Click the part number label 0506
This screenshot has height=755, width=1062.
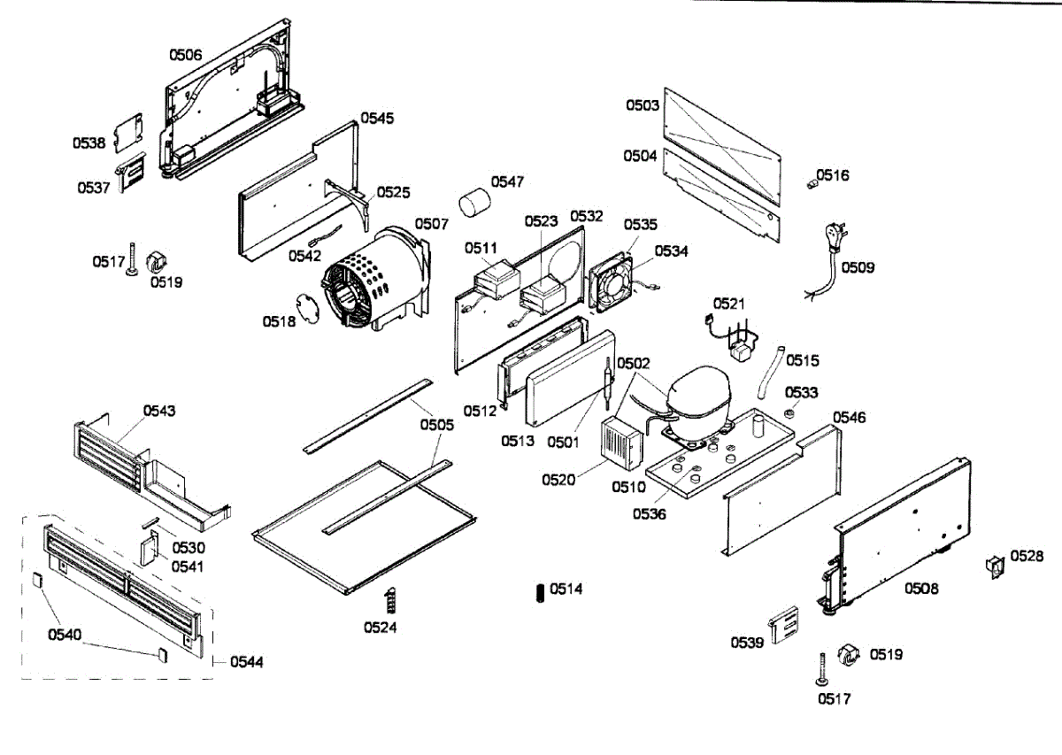(186, 55)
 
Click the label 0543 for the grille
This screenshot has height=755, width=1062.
(159, 411)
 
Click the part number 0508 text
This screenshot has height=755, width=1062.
(920, 589)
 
